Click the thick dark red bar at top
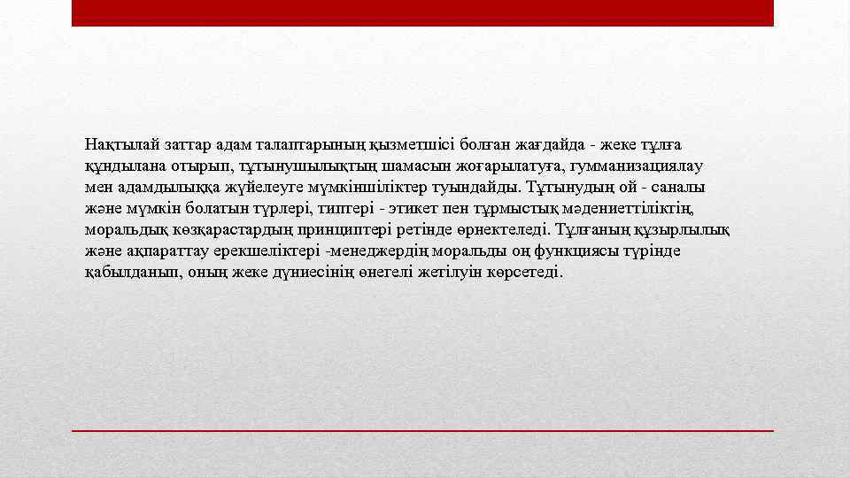pos(422,12)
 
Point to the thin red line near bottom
pos(422,430)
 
